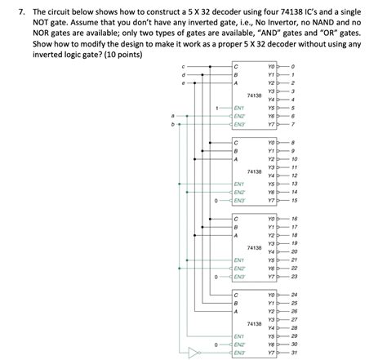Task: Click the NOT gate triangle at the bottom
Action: (x=194, y=353)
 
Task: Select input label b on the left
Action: (x=172, y=125)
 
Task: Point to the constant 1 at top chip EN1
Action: (x=216, y=108)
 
